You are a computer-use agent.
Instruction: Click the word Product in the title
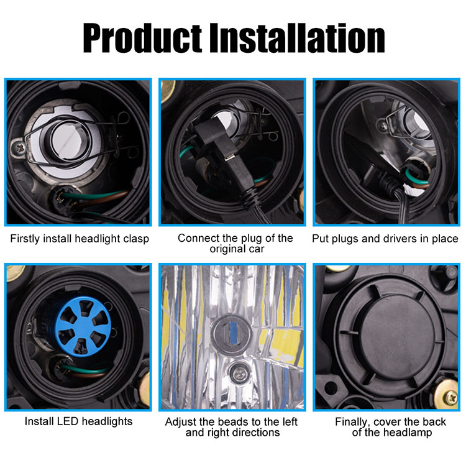(x=142, y=38)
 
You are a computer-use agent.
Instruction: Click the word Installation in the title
(x=297, y=38)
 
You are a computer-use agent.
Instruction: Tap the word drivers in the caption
(x=400, y=239)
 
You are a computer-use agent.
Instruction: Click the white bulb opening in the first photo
(x=69, y=140)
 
